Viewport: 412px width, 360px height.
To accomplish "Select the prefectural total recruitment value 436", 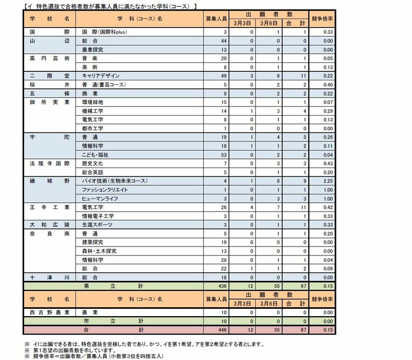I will [x=222, y=286].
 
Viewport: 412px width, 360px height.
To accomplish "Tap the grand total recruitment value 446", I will [x=222, y=329].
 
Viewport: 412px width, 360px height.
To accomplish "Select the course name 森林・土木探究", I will [x=99, y=251].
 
